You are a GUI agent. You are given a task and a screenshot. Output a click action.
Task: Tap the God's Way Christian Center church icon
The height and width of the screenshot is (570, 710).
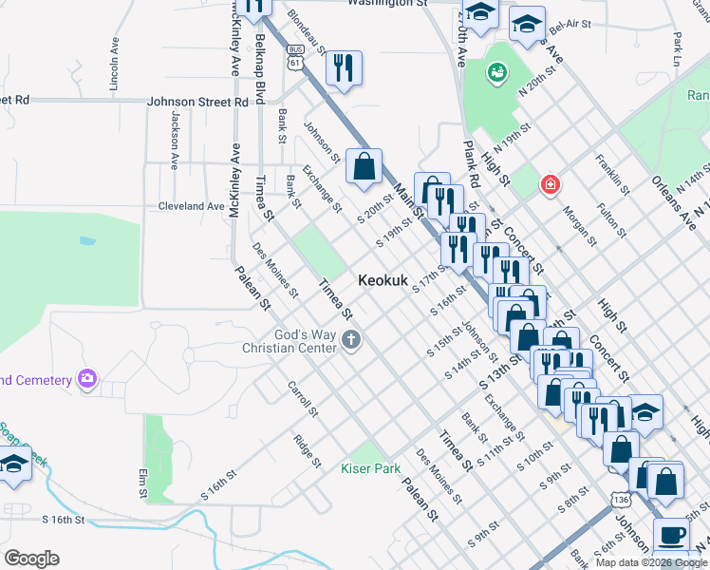[351, 340]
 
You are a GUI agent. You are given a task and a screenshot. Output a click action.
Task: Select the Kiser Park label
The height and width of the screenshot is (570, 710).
[370, 468]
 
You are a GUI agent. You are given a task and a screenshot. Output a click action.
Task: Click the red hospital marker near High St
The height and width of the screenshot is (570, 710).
[549, 184]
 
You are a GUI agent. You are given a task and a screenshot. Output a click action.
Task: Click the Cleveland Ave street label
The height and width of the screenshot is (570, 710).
[191, 205]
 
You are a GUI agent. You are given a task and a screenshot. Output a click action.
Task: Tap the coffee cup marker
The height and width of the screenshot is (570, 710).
[671, 535]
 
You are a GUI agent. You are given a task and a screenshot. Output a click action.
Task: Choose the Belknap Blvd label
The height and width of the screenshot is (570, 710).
[259, 69]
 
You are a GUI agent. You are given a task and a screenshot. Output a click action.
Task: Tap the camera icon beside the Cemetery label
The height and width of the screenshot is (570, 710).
[87, 380]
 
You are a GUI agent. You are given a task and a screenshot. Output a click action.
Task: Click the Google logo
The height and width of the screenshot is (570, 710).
[31, 558]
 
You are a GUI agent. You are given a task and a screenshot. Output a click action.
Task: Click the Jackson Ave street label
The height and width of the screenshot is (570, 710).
[175, 139]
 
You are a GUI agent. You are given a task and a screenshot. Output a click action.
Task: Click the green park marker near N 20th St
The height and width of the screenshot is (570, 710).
[496, 73]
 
